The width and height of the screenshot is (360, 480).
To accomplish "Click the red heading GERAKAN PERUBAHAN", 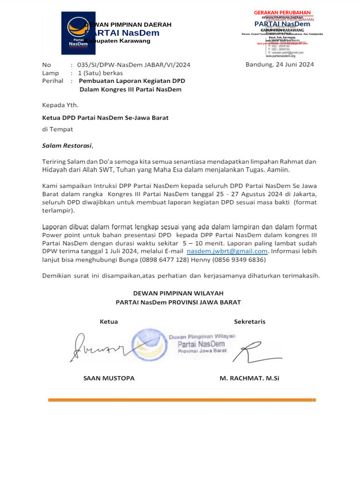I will (x=282, y=13).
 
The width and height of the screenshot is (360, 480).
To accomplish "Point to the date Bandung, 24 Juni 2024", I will (x=279, y=65).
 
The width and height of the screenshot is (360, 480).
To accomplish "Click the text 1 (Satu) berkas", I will (x=100, y=73).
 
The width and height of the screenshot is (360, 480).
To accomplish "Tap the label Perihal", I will (x=52, y=81).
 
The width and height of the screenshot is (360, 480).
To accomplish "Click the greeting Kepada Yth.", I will (x=60, y=105).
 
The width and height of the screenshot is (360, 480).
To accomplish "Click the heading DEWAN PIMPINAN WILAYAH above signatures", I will (x=178, y=293).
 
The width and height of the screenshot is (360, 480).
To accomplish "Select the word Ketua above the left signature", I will (x=108, y=322).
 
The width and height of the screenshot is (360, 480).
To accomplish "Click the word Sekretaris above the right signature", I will (x=249, y=322).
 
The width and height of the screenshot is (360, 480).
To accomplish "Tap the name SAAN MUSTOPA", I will (x=109, y=378).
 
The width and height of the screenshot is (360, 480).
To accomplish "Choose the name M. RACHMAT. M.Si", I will (x=249, y=378).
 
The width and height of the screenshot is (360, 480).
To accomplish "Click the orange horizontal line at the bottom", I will (x=182, y=400).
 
